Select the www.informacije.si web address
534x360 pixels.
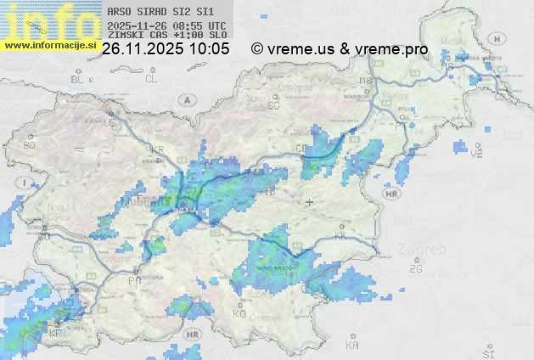(x=50, y=44)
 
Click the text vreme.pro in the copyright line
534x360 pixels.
(x=395, y=49)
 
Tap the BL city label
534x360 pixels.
(x=78, y=79)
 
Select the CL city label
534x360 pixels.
(x=151, y=79)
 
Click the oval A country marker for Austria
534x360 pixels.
(x=186, y=99)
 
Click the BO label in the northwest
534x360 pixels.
(x=29, y=145)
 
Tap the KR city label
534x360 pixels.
(x=157, y=149)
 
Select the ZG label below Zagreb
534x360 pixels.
(x=415, y=269)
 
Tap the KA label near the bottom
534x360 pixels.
(x=352, y=346)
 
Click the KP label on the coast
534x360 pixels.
(x=56, y=334)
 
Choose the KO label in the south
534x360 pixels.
(x=239, y=313)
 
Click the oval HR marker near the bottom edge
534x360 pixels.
(x=193, y=335)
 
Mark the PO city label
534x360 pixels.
(x=134, y=279)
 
